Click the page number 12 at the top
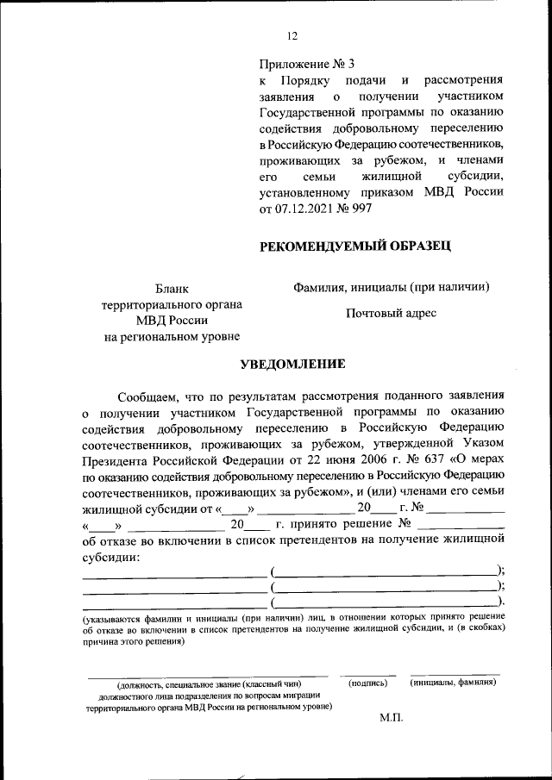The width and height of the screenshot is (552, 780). (292, 35)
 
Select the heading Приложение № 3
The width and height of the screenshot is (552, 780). (307, 64)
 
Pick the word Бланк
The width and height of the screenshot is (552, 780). (171, 289)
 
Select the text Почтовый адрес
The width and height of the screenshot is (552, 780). (392, 313)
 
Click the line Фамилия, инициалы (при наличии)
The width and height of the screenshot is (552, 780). (392, 287)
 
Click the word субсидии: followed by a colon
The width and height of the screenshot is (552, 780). (110, 557)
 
